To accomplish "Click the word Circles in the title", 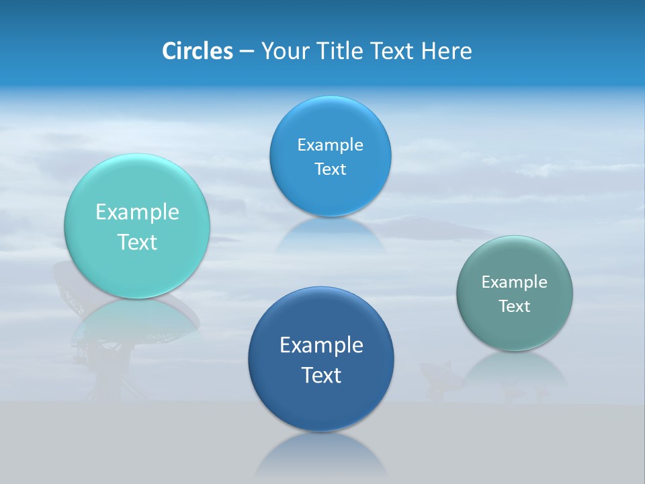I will point(197,51).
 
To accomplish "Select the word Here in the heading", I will point(446,51).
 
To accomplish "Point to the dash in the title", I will point(247,52).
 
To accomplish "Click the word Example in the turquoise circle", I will point(137,212).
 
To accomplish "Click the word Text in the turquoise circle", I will point(137,242).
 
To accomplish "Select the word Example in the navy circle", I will point(321,346).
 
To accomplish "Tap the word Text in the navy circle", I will point(321,375).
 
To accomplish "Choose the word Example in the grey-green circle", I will point(515,282).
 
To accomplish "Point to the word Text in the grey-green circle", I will point(515,307).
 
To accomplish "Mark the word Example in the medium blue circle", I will point(331,145).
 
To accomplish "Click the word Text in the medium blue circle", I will point(331,169).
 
